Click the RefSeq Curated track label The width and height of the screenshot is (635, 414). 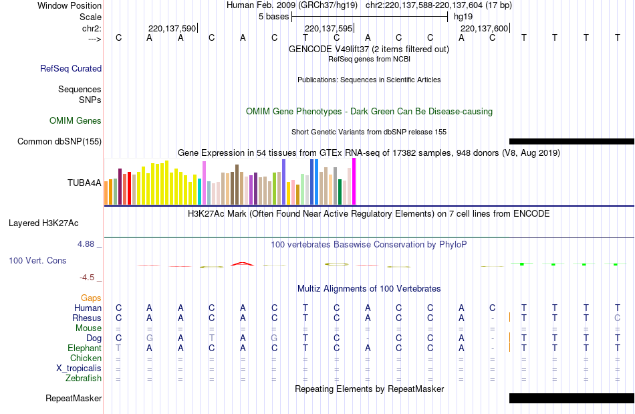point(71,68)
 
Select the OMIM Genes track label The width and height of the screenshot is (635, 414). point(76,121)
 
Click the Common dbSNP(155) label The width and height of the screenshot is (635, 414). point(59,141)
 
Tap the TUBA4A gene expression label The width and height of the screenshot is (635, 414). point(84,183)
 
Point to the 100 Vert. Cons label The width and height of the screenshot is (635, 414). point(37,260)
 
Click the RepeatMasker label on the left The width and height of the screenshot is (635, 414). point(74,399)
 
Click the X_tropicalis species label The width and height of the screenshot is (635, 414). point(79,368)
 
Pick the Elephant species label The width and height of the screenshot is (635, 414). point(84,348)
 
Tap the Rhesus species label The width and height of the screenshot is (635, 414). point(87,318)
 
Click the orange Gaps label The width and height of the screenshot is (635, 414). point(91,298)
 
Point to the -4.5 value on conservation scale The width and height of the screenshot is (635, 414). point(88,277)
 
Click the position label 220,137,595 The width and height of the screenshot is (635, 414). point(328,29)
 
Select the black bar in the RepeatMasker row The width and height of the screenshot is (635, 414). point(571,399)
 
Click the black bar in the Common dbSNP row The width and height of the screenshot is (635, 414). point(571,141)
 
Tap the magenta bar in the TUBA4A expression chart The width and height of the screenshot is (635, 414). point(354,181)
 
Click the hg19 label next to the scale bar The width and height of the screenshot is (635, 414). point(463,15)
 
